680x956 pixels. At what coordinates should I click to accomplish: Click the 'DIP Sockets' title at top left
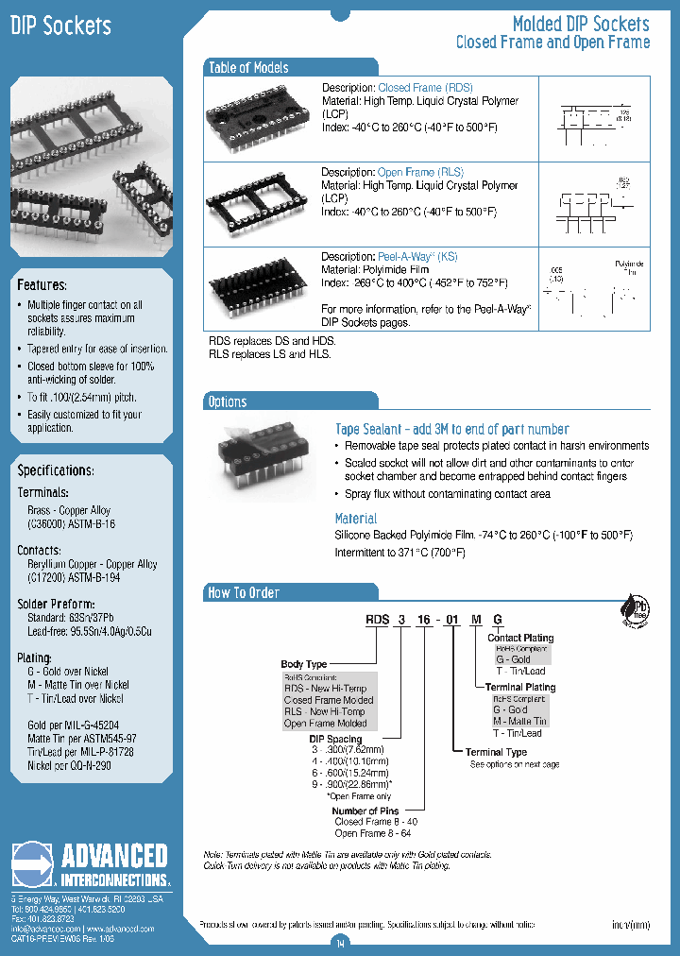pos(60,26)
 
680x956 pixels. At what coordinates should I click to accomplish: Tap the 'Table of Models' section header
pos(248,67)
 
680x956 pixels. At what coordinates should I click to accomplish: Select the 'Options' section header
pos(228,401)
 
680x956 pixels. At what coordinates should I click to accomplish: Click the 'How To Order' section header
pos(244,592)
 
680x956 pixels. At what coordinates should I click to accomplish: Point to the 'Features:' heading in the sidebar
pos(42,284)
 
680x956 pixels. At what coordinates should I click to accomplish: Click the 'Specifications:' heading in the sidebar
pos(56,469)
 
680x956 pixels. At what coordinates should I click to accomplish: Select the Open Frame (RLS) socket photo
pos(258,199)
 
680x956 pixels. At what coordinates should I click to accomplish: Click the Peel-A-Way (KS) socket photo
pos(258,286)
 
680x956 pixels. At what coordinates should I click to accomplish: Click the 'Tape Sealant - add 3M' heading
pos(451,429)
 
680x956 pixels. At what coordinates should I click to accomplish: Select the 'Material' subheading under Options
pos(355,519)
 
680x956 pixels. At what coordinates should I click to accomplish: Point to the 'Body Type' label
pos(304,665)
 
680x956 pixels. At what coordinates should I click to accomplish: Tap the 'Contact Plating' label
pos(520,639)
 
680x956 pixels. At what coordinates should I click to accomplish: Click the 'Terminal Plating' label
pos(519,687)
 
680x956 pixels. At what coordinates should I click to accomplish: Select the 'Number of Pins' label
pos(365,811)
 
